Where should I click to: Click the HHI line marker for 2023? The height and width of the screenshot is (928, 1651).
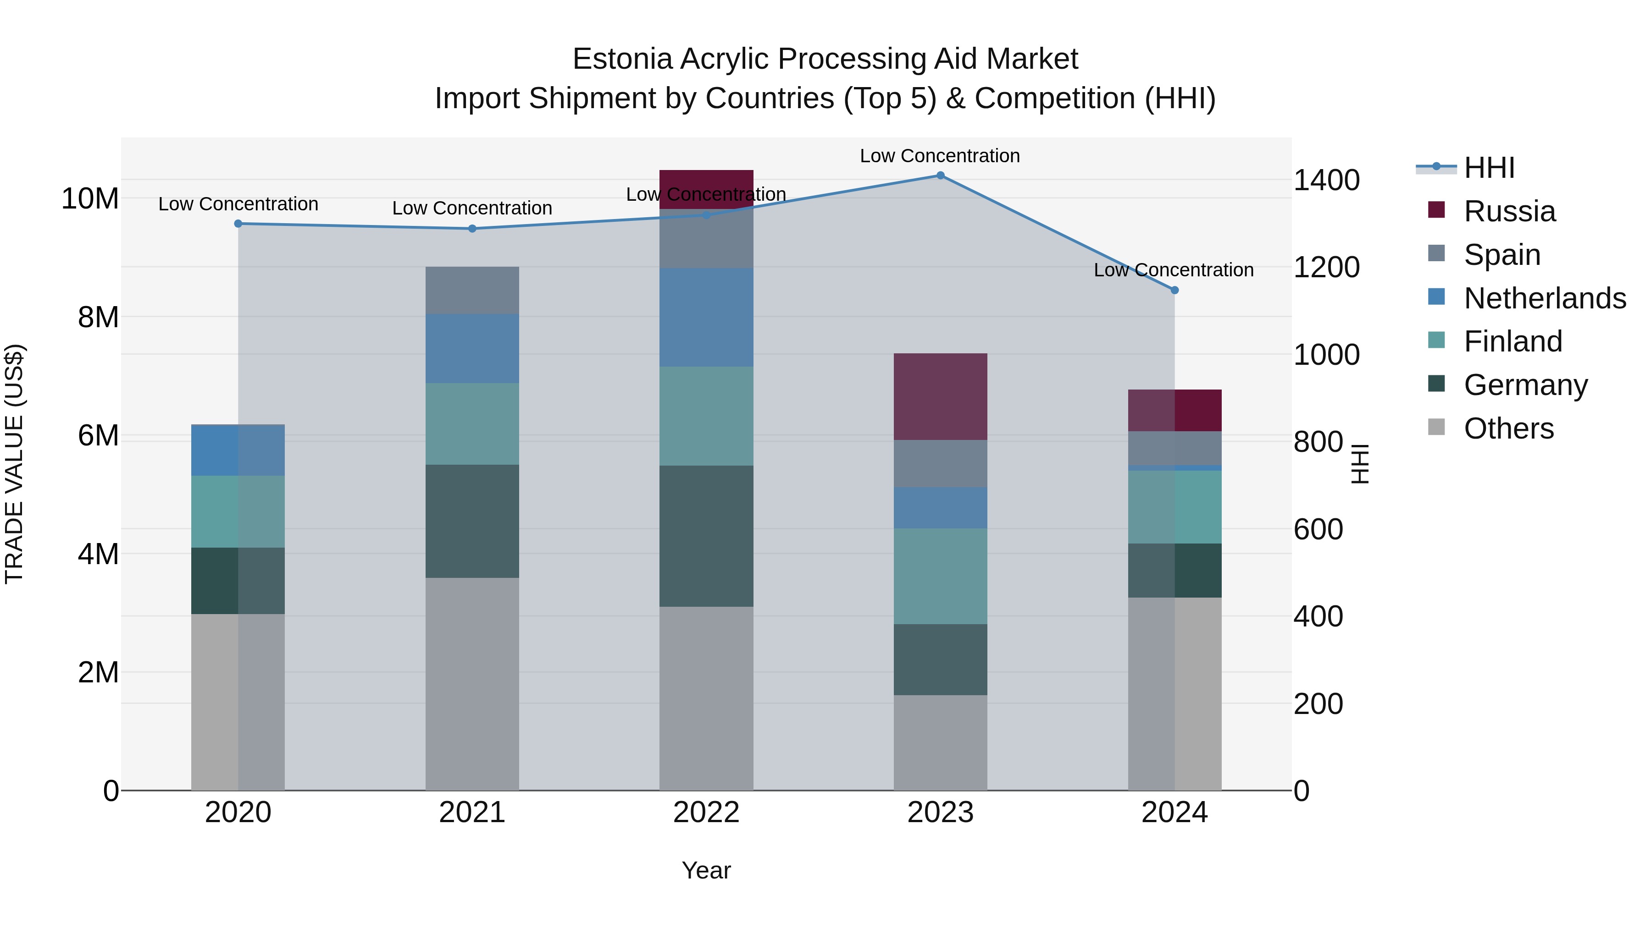click(940, 176)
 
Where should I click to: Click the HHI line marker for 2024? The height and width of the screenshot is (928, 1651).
click(1174, 290)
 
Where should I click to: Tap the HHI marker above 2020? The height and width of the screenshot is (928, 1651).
click(238, 224)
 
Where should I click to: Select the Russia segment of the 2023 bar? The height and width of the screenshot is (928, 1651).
click(940, 396)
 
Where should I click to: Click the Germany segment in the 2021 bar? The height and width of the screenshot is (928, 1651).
click(472, 522)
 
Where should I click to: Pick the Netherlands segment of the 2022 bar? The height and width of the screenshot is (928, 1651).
click(706, 317)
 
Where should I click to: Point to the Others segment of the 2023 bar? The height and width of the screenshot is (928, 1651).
click(940, 742)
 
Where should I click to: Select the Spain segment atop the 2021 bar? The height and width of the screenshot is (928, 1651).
click(472, 290)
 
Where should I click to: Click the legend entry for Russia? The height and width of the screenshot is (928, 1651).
click(1509, 211)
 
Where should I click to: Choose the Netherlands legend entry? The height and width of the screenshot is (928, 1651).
click(1545, 298)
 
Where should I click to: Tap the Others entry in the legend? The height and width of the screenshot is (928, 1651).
click(1508, 428)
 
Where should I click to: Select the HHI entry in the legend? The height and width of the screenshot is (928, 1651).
click(1489, 168)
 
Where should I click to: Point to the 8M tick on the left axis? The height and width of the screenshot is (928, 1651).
click(98, 317)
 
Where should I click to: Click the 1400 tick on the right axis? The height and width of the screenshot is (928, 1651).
click(1325, 180)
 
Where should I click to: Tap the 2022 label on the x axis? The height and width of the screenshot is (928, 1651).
click(706, 813)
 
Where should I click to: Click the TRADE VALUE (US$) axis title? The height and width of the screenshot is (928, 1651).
click(14, 464)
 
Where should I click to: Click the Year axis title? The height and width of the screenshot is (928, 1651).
click(706, 870)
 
